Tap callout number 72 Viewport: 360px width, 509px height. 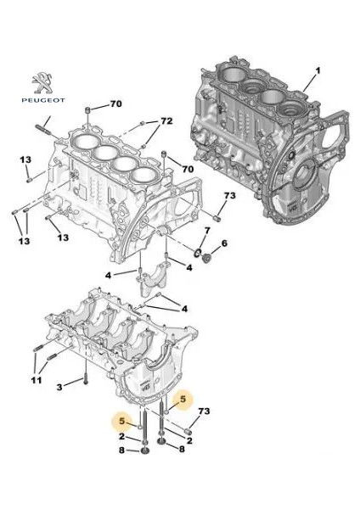point(166,122)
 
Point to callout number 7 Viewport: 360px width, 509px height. point(207,232)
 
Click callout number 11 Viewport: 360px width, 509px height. point(37,380)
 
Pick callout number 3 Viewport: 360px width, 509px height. point(59,387)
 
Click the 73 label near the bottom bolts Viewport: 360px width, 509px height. point(202,412)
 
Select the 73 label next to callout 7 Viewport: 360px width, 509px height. point(228,196)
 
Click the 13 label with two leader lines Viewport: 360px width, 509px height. point(23,242)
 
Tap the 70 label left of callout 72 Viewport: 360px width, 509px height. point(115,105)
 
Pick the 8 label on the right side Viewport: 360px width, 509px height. point(180,449)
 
